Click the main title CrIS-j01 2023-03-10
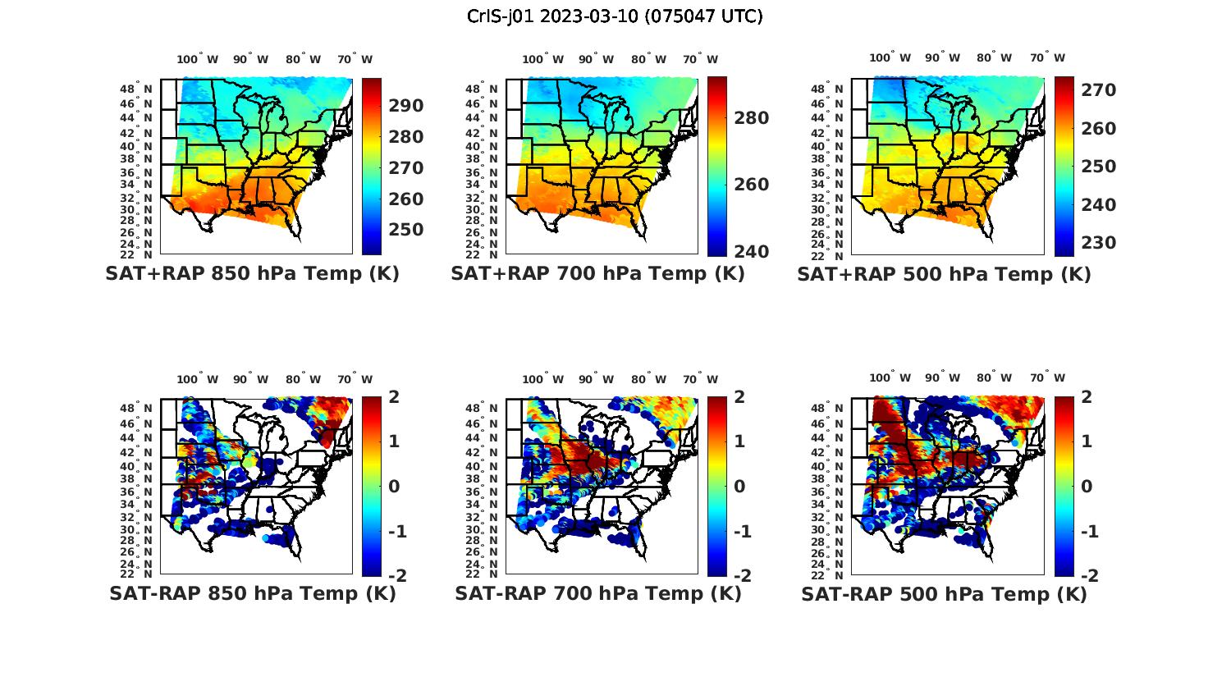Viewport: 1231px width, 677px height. [x=615, y=16]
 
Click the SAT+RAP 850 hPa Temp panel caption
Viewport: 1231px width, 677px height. [x=252, y=274]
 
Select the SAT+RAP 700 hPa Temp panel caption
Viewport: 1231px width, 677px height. [x=597, y=274]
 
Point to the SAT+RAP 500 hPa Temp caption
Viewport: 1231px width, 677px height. [x=944, y=275]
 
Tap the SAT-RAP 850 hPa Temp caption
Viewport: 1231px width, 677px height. [x=252, y=593]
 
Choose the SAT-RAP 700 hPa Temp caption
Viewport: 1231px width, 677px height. [x=597, y=593]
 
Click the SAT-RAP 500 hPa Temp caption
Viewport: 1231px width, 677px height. [x=944, y=594]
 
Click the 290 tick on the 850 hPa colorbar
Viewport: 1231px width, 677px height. [x=406, y=106]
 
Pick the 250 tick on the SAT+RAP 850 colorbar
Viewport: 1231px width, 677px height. [x=406, y=230]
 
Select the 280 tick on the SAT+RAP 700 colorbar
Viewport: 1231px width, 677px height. [x=752, y=118]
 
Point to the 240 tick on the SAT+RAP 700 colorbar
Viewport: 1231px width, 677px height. [x=752, y=251]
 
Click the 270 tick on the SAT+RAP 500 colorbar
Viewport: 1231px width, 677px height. [x=1098, y=90]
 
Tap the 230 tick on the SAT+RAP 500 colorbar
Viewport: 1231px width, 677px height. [x=1098, y=243]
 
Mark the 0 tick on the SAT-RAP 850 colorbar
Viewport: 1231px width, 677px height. [x=393, y=486]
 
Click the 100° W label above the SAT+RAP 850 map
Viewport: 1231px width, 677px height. [x=198, y=59]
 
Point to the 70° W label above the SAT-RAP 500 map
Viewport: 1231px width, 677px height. [x=1048, y=378]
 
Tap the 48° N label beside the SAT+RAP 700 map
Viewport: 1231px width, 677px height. [x=481, y=89]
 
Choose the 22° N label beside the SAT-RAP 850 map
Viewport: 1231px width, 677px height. [x=135, y=574]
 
